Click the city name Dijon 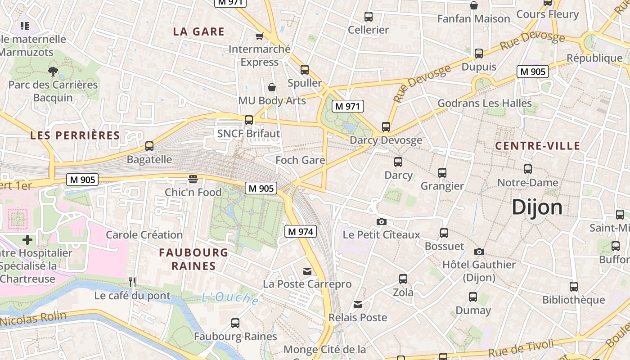[537, 207]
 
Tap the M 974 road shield [301, 232]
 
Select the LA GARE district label [198, 31]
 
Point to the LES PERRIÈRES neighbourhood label [75, 135]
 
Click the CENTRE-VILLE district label [537, 146]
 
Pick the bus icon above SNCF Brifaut [248, 120]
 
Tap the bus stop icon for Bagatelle [149, 146]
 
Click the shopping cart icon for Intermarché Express [259, 36]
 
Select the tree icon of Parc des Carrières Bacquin [53, 71]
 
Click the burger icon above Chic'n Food [193, 179]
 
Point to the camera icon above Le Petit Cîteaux [381, 221]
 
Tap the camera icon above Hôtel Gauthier [479, 252]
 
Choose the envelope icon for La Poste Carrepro [307, 271]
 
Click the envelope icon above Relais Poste [358, 305]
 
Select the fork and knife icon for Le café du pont [132, 282]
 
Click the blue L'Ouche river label [230, 298]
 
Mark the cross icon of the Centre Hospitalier [27, 240]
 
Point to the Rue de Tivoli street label [521, 348]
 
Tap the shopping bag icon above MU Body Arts [272, 87]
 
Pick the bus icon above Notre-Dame [527, 170]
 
